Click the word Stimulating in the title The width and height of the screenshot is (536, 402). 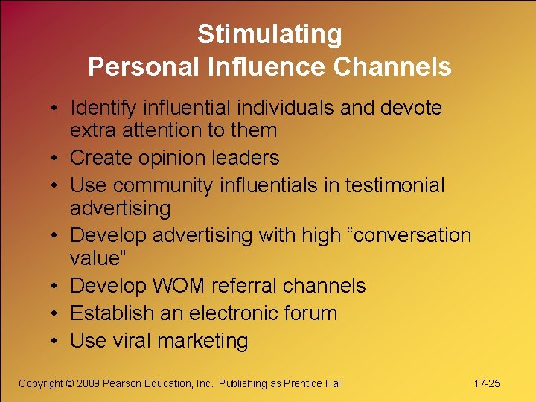[269, 34]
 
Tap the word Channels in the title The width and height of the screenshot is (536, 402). [392, 67]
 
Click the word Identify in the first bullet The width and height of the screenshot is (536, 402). [102, 108]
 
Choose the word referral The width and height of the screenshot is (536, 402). [244, 286]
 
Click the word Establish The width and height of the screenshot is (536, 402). [110, 313]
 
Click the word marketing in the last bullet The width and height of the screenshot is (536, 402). [202, 342]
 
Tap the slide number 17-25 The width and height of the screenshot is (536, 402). [487, 383]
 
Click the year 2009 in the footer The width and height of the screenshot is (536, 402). [89, 383]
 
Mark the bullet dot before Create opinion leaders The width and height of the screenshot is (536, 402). [57, 159]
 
